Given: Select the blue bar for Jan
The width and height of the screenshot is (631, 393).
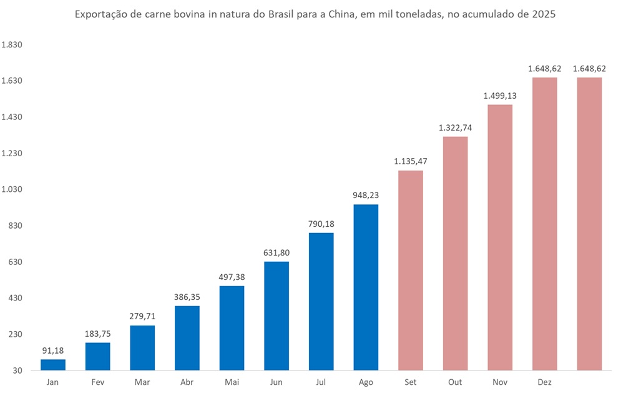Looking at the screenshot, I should [53, 365].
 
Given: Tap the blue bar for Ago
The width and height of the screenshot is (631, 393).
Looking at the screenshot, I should [366, 287].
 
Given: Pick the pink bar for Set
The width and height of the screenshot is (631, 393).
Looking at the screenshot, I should [410, 270].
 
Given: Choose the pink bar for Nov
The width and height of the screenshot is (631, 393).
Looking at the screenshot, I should [500, 237].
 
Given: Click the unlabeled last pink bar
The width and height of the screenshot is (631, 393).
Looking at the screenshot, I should [589, 224].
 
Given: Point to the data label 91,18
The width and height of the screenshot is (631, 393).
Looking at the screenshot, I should [53, 351].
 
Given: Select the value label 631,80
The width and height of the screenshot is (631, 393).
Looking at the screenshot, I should [276, 253].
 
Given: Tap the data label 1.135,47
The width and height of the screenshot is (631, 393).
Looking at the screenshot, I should [410, 162].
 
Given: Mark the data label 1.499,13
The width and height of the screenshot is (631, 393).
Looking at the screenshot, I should [500, 96].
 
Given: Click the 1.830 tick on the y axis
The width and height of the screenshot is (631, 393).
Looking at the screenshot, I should [12, 45].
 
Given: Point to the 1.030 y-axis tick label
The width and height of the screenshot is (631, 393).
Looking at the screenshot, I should [12, 189].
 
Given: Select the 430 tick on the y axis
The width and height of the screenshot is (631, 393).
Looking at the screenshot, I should [15, 298].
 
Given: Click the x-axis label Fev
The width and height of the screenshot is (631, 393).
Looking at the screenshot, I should [97, 382].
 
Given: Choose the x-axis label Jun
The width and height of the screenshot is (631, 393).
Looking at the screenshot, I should [276, 382].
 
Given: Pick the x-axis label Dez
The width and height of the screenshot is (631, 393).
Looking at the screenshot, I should [544, 382].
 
